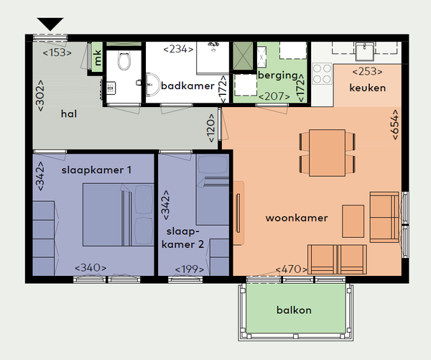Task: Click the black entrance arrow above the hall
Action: pos(50,24)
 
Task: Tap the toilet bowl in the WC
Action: pos(124,61)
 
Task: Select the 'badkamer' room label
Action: pos(187,86)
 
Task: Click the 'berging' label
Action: pos(277,75)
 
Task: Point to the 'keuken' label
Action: pos(368,88)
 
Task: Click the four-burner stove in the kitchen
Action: pos(322,73)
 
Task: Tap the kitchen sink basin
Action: pos(365,52)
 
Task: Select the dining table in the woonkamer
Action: pos(327,153)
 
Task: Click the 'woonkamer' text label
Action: pos(297,218)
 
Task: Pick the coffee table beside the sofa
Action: pos(353,221)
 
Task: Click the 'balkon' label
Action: pos(294,310)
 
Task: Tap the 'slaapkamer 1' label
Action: pos(96,170)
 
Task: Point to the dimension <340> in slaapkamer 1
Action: pos(91,267)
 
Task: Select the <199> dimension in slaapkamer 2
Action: pos(190,269)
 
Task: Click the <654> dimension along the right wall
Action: pos(394,124)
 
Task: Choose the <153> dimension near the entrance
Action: pos(57,52)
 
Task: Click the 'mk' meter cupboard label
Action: pos(97,57)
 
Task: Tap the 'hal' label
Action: pos(69,114)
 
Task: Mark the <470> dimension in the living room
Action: pos(292,269)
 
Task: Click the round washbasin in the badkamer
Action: pos(152,85)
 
